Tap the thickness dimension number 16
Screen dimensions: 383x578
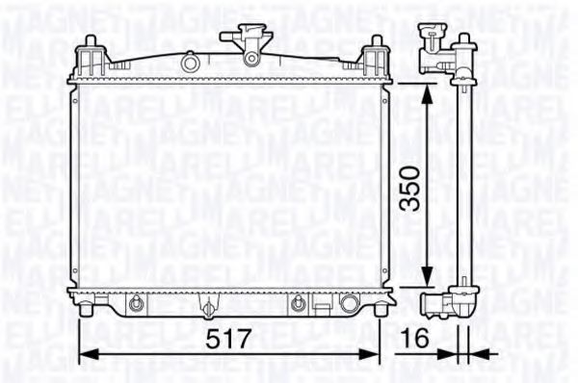click(x=416, y=339)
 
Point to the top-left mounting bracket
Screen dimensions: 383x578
click(x=90, y=56)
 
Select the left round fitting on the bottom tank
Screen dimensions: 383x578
click(x=138, y=304)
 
